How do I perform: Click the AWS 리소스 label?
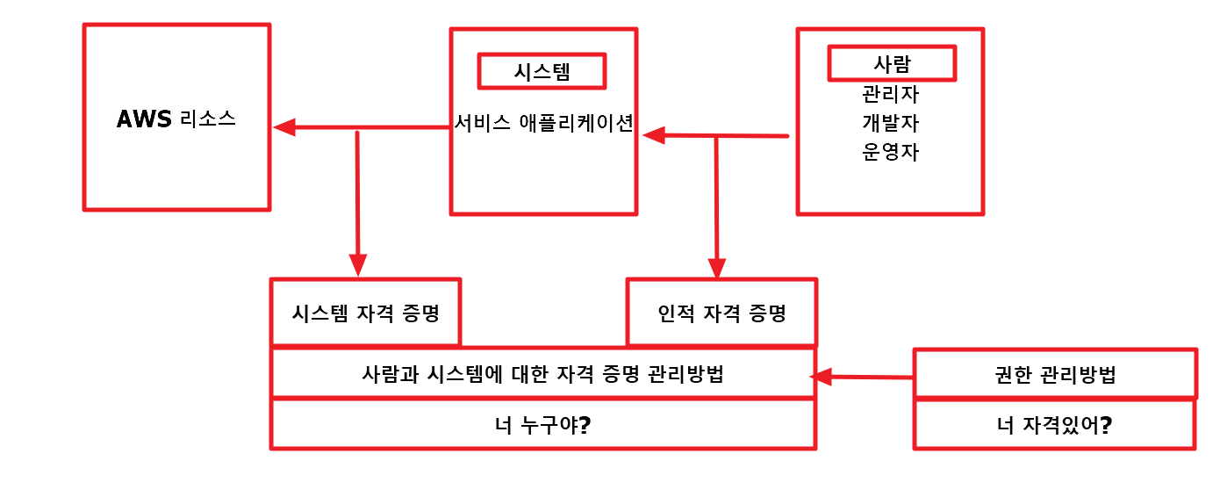[176, 119]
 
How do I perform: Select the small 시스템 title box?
[542, 71]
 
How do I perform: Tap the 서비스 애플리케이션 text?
[543, 123]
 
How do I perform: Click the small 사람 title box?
[892, 63]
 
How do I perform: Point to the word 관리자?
[891, 93]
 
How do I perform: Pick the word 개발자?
[891, 122]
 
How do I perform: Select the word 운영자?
[891, 151]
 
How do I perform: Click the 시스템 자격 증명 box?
[366, 313]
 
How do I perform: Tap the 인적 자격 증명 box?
[721, 313]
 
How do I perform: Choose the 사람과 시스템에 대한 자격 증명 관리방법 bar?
[543, 373]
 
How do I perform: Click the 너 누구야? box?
[543, 425]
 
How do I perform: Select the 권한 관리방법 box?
[1055, 375]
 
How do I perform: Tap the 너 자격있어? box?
[1055, 426]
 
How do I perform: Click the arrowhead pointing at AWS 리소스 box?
[283, 127]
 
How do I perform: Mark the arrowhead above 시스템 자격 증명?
[357, 265]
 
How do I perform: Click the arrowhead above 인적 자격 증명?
[717, 268]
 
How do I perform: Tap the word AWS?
[144, 119]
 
